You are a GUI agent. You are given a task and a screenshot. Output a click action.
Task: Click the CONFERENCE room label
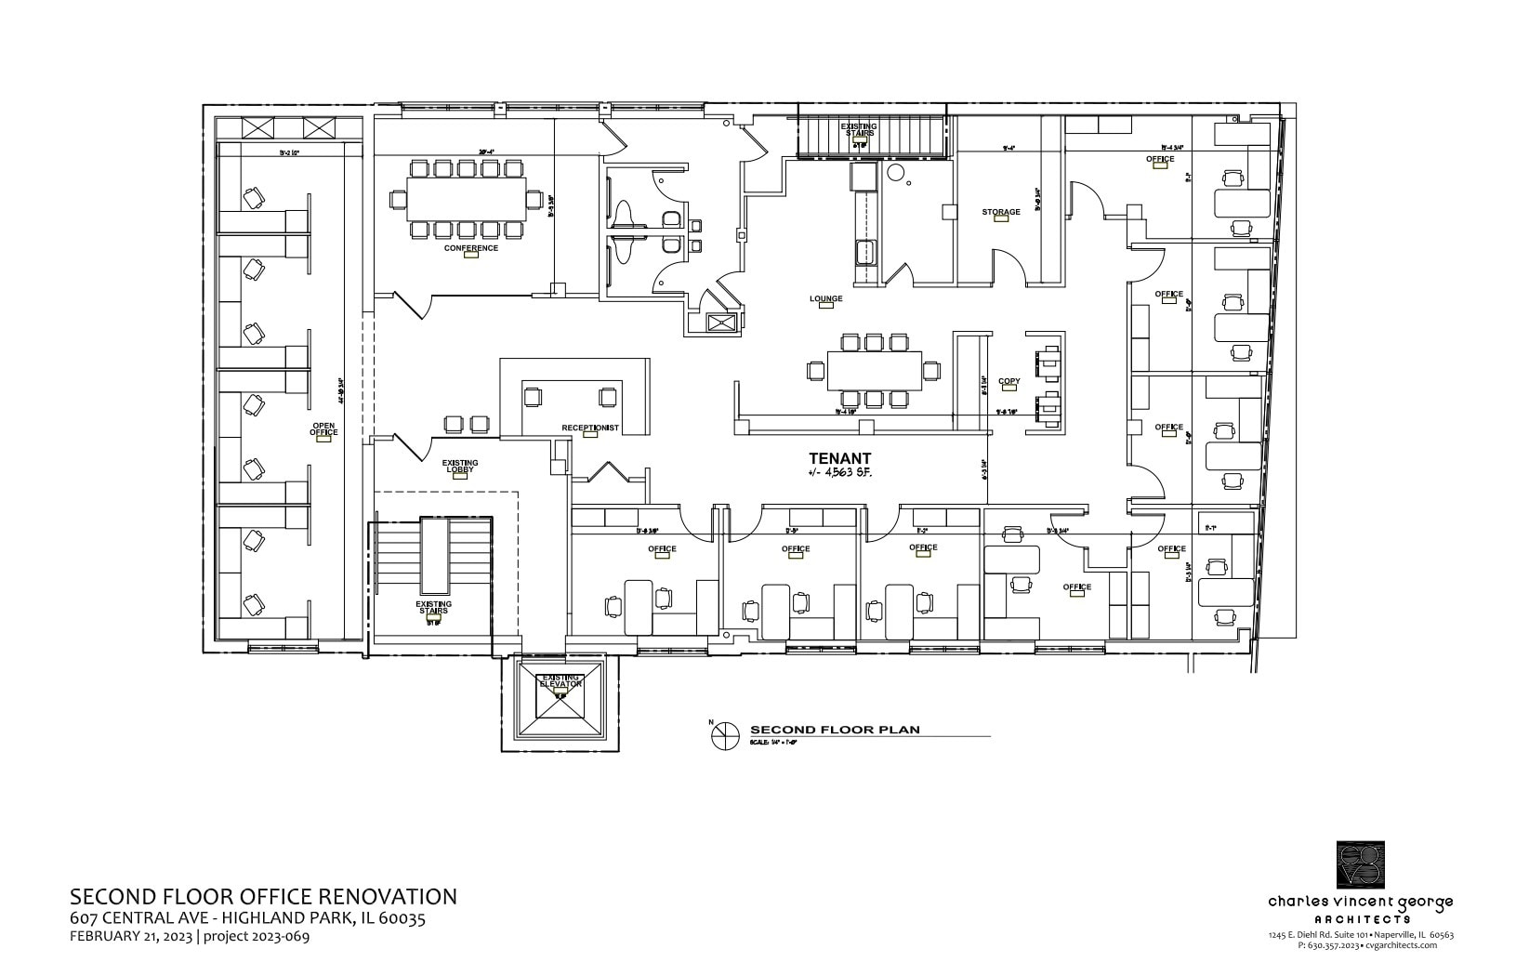[x=470, y=248]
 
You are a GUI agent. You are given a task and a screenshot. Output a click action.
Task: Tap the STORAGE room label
[x=1000, y=212]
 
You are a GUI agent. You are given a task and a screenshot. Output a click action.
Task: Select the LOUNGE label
[x=825, y=298]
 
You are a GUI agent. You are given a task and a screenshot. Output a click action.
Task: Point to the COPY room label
[x=1008, y=381]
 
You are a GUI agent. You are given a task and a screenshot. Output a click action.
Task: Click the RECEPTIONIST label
[x=589, y=428]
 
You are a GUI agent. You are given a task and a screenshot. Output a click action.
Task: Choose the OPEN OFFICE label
[x=323, y=429]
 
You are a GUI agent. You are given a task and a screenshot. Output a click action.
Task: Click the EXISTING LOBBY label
[x=459, y=466]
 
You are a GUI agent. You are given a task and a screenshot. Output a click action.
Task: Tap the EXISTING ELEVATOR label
[x=561, y=680]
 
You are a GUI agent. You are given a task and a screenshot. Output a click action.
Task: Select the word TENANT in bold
[x=839, y=458]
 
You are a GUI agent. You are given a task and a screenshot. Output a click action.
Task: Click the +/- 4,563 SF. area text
[x=839, y=473]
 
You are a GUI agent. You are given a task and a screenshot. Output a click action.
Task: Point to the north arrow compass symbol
[x=722, y=735]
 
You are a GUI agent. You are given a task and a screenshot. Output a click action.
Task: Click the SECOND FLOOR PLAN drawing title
[x=834, y=730]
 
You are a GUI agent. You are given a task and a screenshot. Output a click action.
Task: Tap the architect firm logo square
[x=1360, y=864]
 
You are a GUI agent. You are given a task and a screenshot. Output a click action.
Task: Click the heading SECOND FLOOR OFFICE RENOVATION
[x=263, y=896]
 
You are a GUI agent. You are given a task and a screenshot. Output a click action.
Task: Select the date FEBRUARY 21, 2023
[x=130, y=936]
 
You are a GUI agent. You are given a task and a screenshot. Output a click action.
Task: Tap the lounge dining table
[x=874, y=370]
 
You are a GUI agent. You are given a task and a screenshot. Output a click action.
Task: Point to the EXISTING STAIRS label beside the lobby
[x=433, y=607]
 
